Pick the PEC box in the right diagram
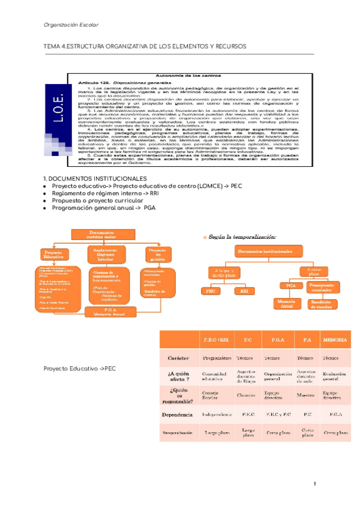coord(211,291)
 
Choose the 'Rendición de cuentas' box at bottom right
coord(325,304)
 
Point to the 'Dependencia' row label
coord(177,414)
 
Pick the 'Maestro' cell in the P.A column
coord(305,396)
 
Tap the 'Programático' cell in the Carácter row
coord(215,357)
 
